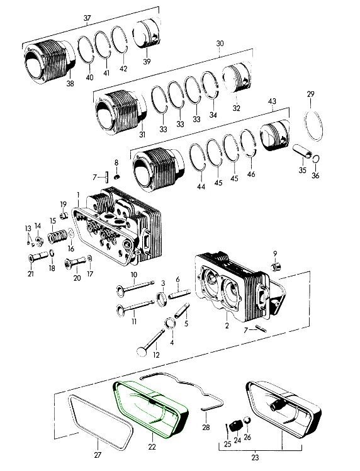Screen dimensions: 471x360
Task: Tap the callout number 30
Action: click(x=220, y=43)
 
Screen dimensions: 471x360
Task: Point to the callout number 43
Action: click(x=272, y=101)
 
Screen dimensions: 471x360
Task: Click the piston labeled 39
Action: click(x=149, y=35)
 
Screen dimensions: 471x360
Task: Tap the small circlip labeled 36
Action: click(x=316, y=159)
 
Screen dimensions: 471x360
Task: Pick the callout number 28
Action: click(x=206, y=428)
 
